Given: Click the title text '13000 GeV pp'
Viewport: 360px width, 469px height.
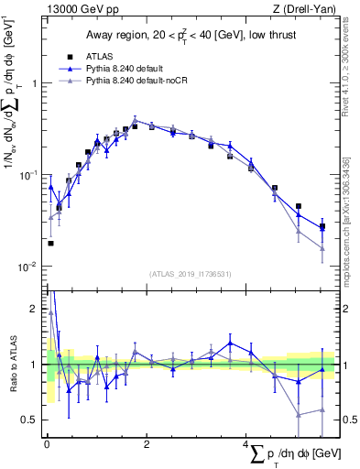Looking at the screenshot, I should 78,9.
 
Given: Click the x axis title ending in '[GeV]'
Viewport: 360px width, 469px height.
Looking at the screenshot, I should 293,455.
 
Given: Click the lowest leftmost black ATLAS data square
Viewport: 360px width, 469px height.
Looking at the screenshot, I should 50,243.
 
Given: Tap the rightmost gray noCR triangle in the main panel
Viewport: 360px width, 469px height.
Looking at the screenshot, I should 322,248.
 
